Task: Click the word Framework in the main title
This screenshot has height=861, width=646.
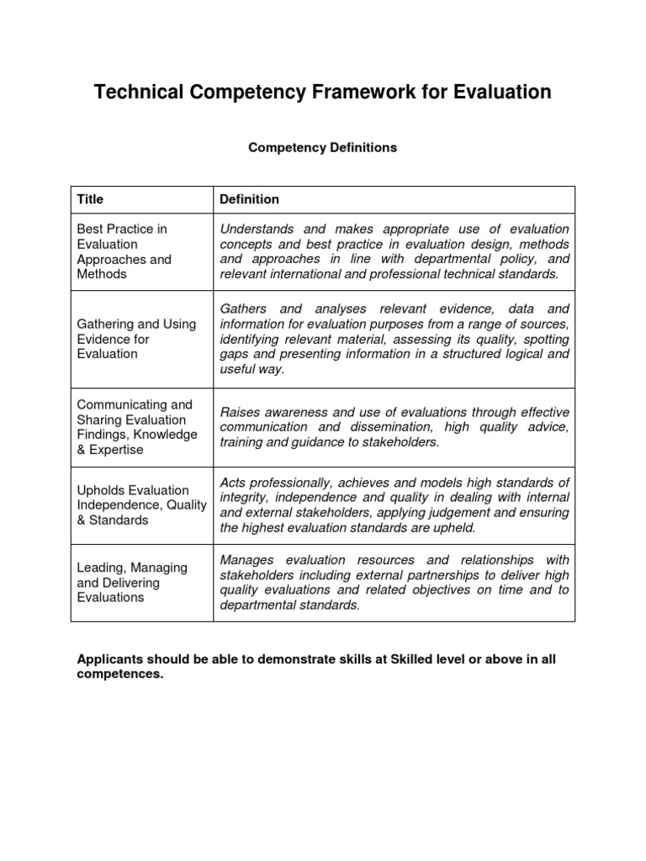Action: pyautogui.click(x=347, y=92)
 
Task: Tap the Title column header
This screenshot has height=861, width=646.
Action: pyautogui.click(x=90, y=199)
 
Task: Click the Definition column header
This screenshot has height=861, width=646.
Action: pyautogui.click(x=249, y=199)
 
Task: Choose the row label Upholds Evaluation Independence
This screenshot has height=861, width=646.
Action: pyautogui.click(x=141, y=505)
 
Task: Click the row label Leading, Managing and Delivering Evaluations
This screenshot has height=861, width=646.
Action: pyautogui.click(x=132, y=583)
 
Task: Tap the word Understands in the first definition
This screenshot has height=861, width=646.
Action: pyautogui.click(x=257, y=229)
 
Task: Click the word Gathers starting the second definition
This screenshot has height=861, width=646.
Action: pyautogui.click(x=245, y=309)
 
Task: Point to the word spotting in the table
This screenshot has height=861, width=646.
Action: pyautogui.click(x=542, y=340)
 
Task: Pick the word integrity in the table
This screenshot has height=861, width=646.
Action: pyautogui.click(x=243, y=498)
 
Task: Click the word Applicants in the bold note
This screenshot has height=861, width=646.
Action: pyautogui.click(x=109, y=660)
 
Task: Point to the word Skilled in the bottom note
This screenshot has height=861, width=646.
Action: pyautogui.click(x=407, y=660)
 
